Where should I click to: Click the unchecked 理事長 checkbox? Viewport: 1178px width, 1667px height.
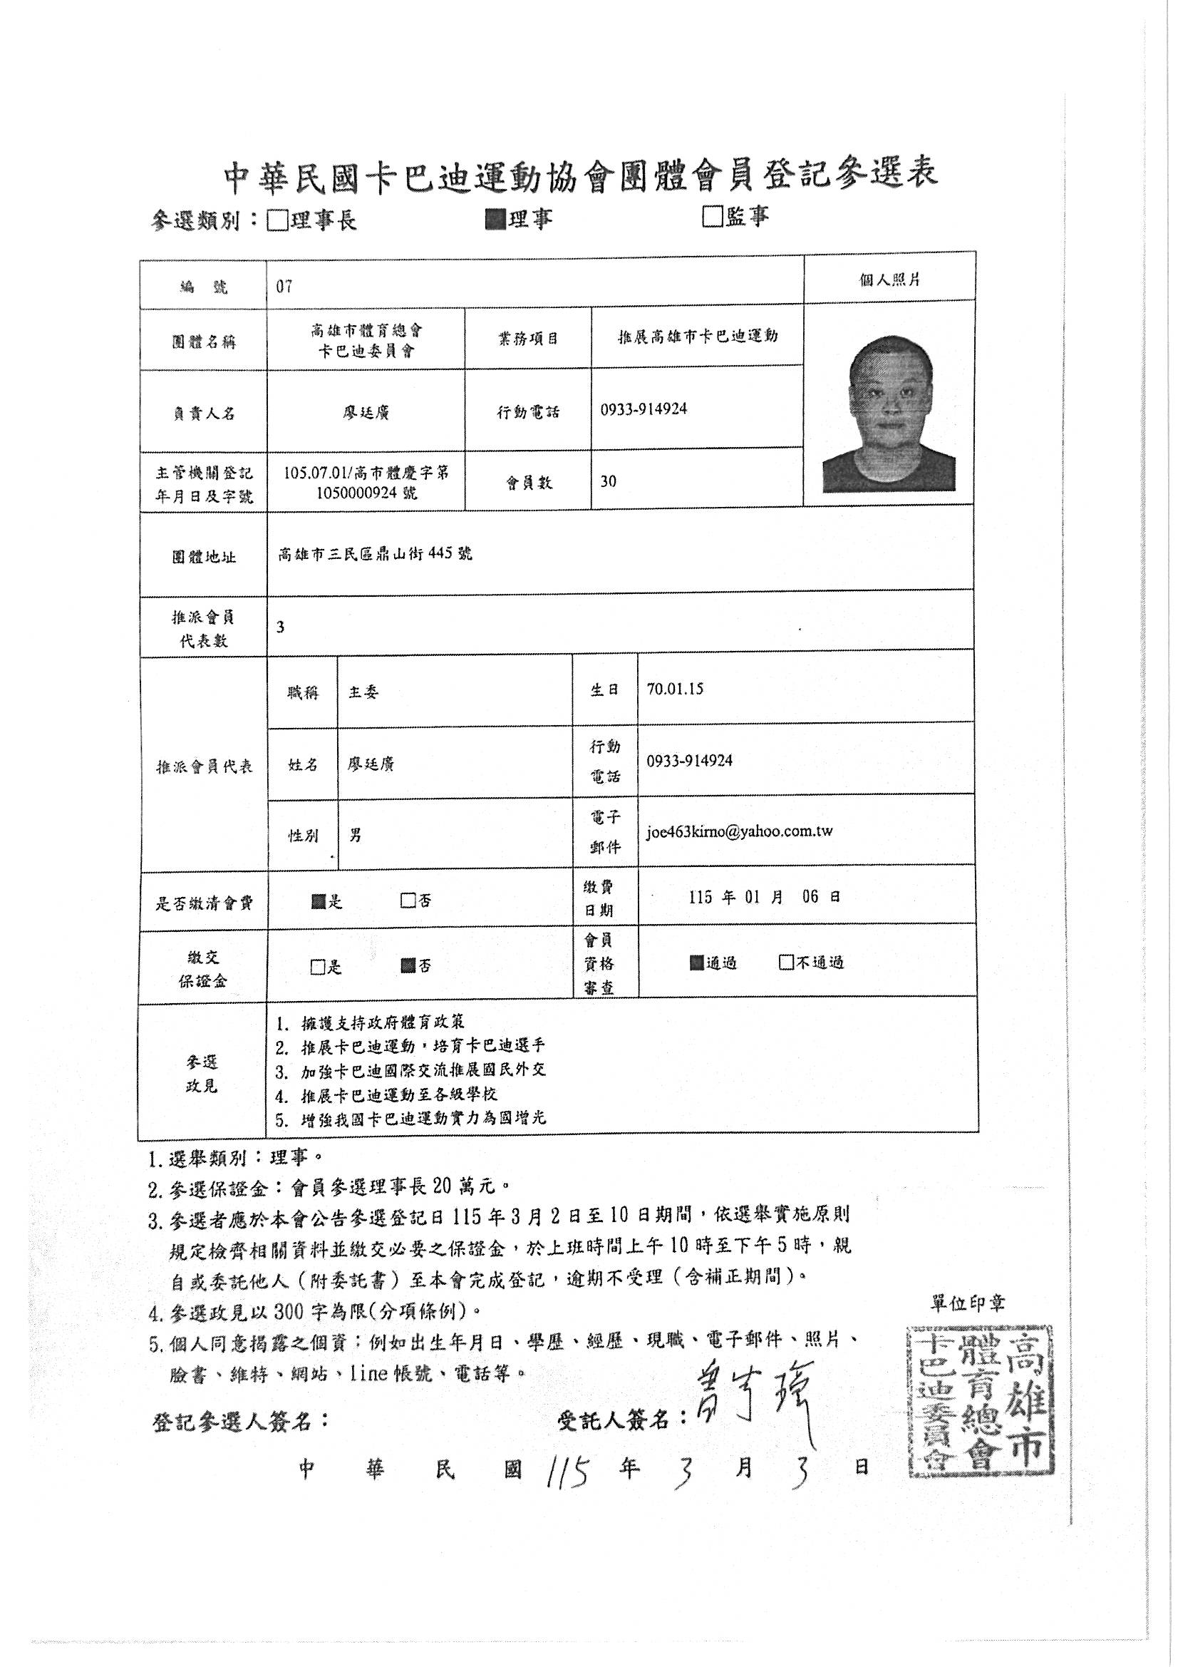277,220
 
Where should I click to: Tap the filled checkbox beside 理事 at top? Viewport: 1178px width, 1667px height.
496,217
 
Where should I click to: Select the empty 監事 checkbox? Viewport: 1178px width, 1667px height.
712,216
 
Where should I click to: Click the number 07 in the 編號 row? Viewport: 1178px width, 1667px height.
284,287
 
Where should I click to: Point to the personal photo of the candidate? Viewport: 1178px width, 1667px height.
889,413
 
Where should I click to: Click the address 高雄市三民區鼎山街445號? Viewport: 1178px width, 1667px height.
376,555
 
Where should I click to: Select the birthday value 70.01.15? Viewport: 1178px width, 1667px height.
675,689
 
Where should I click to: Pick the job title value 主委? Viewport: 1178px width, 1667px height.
363,692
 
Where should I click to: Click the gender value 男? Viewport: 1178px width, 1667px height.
356,836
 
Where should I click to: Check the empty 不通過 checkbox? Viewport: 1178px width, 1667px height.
785,963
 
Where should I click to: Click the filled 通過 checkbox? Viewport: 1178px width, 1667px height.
697,963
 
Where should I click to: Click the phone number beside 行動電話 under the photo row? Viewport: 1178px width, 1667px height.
644,409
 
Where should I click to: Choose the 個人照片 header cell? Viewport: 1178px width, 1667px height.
890,279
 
